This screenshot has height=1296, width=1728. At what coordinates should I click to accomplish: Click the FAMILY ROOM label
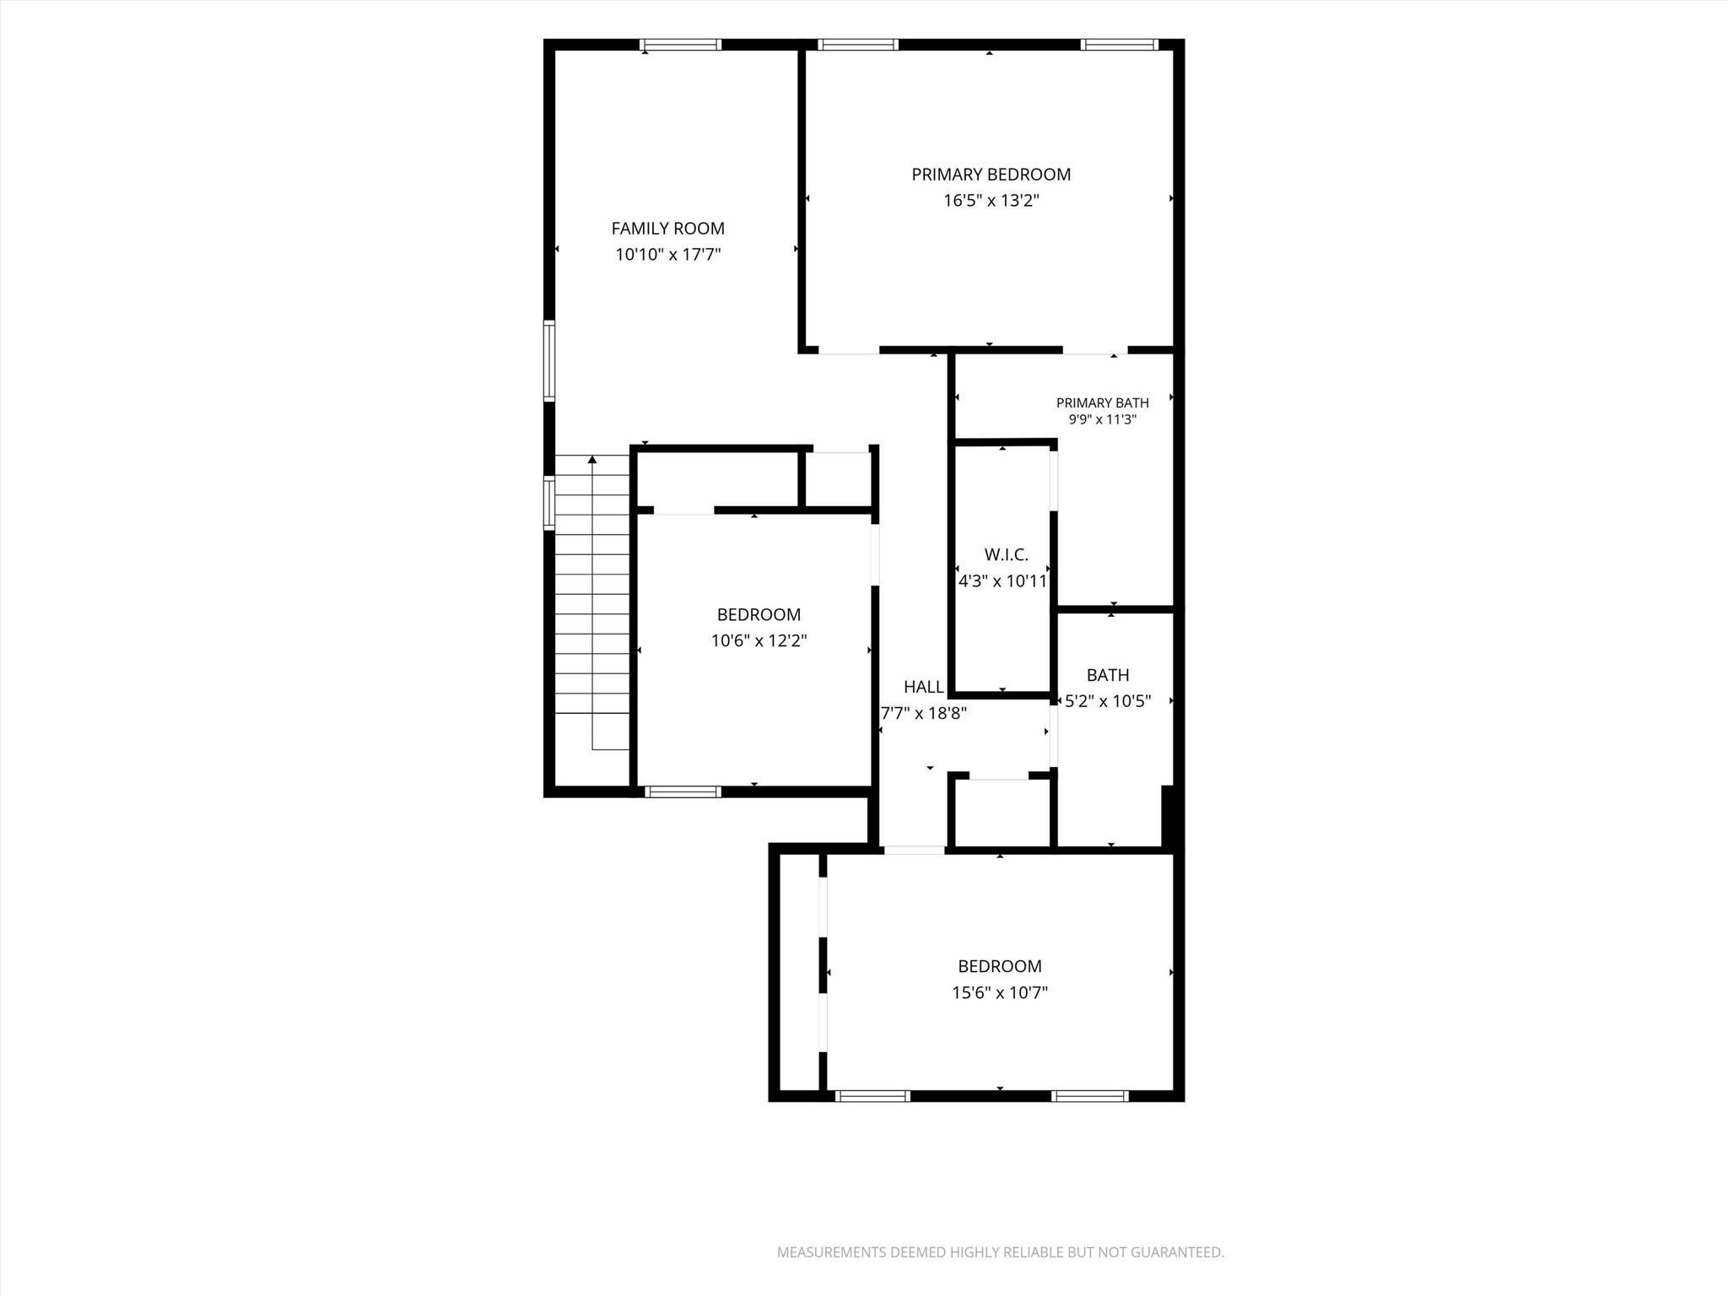click(x=667, y=228)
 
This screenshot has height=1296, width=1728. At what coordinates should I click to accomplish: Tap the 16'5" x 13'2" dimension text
click(x=991, y=201)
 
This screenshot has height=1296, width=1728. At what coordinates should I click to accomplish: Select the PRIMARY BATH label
click(x=1102, y=403)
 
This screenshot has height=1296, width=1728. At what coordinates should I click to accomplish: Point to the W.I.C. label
click(x=1006, y=554)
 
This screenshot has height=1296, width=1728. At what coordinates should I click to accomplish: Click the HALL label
click(x=923, y=687)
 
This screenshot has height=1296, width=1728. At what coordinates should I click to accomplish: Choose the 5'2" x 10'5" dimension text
click(x=1108, y=701)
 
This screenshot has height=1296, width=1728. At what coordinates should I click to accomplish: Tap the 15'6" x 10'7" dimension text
click(x=1000, y=993)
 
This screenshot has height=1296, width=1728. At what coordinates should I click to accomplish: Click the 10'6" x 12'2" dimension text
click(x=759, y=641)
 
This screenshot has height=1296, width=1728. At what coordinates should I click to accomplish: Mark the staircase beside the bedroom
click(x=592, y=602)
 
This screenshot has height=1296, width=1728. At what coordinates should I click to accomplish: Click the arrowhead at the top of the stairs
click(x=592, y=460)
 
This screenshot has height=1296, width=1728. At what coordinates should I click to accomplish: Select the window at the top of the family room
click(x=680, y=45)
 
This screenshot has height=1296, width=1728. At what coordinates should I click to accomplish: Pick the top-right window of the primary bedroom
click(x=1119, y=45)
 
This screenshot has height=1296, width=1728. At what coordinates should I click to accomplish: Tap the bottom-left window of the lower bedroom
click(x=872, y=1096)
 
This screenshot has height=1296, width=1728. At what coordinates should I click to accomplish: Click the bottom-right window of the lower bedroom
click(x=1090, y=1096)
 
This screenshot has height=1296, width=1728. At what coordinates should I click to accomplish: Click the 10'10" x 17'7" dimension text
click(x=667, y=255)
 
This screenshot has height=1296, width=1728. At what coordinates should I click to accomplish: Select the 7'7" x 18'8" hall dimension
click(x=923, y=714)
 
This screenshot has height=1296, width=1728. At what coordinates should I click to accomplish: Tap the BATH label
click(x=1108, y=675)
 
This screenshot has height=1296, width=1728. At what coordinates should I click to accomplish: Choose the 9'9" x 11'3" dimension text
click(x=1102, y=419)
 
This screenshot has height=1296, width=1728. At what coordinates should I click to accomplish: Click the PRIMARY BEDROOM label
click(x=991, y=175)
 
